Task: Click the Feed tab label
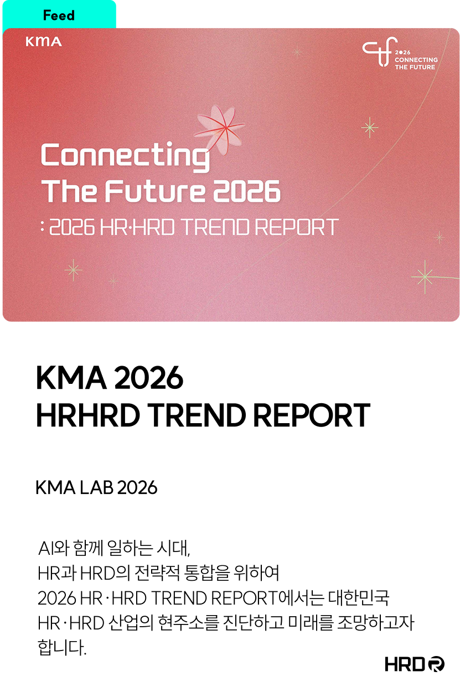point(59,15)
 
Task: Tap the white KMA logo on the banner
point(44,41)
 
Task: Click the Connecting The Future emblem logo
point(400,53)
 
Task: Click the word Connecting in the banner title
point(125,156)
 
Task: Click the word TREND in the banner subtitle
point(215,227)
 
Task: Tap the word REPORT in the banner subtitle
point(297,227)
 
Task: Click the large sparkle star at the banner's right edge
point(425,277)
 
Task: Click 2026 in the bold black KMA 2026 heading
point(148,377)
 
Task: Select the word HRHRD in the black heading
point(88,415)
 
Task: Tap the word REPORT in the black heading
point(311,415)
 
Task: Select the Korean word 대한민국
point(359,598)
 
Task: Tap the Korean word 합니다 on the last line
point(61,647)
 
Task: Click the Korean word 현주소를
point(188,623)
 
